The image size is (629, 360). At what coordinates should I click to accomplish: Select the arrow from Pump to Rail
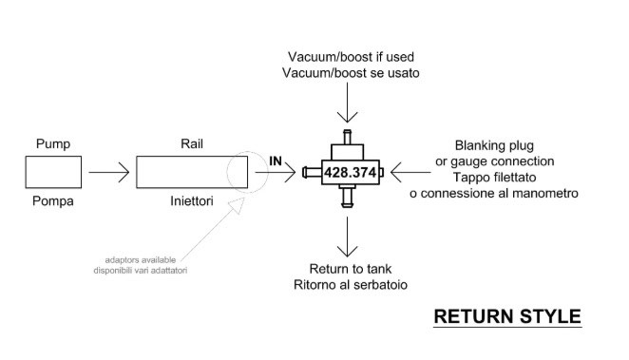coord(109,172)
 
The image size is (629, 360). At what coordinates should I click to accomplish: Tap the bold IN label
coord(276,161)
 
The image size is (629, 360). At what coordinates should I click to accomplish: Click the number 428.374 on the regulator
coord(351,172)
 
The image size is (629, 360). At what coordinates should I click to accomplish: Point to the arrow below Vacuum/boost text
coord(347,103)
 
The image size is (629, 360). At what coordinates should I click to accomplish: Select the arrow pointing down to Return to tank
coord(347,237)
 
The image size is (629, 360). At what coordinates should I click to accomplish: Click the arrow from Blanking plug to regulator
coord(410,172)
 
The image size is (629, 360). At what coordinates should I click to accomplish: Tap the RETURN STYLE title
coord(507,316)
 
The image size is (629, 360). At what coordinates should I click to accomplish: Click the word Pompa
coord(53,200)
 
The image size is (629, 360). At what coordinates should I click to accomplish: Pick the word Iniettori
coord(192,200)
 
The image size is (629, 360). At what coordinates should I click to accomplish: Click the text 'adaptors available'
coord(141,259)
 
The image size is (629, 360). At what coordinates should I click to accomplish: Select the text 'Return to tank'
coord(351,269)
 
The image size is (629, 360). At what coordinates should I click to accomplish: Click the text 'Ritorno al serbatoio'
coord(351,285)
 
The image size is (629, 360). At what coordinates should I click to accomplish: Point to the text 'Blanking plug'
coord(494,145)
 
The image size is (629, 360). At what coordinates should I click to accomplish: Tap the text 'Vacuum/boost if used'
coord(351,57)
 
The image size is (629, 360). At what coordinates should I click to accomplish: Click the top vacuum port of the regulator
coord(348,137)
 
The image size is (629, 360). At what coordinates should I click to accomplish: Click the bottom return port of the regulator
coord(348,198)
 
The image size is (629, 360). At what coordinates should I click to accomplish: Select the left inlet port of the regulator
coord(312,172)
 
